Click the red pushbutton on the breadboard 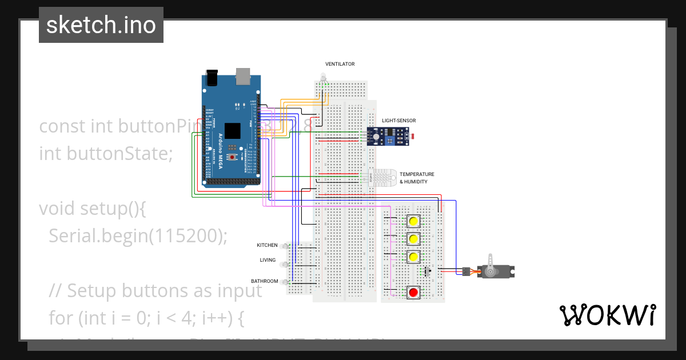click(413, 293)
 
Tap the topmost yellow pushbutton click(413, 221)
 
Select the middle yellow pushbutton click(413, 238)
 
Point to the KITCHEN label click(267, 245)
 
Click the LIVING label click(268, 260)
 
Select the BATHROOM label click(265, 281)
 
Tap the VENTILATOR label click(340, 64)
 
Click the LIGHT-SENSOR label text click(399, 121)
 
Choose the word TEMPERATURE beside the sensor click(417, 174)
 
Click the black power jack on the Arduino click(212, 78)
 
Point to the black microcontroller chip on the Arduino click(233, 131)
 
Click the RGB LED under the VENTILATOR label click(323, 78)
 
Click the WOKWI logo click(607, 315)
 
